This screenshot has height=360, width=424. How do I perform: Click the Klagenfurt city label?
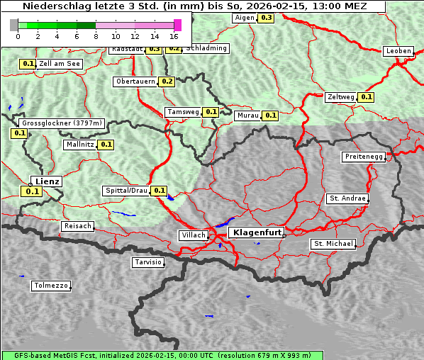click(257, 232)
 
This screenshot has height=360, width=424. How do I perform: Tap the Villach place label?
click(193, 235)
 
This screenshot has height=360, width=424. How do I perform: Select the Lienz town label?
click(48, 181)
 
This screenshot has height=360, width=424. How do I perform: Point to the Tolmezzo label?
click(51, 286)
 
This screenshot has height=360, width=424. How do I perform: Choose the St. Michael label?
click(333, 244)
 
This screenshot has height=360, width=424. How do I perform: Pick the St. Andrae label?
click(347, 198)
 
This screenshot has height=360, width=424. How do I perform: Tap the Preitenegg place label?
click(364, 157)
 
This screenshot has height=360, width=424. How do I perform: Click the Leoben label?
click(398, 51)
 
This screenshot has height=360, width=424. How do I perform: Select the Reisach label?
click(77, 226)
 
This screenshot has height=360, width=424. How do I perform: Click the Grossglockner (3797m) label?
click(61, 123)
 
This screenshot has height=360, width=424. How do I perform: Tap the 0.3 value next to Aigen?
click(266, 17)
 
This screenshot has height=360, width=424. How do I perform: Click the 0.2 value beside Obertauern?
click(167, 81)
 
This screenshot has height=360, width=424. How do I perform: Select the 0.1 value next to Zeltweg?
click(366, 97)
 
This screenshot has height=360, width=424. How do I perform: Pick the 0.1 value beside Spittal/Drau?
click(160, 191)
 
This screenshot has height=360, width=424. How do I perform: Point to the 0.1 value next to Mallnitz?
click(106, 145)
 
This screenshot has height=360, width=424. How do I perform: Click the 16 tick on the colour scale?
click(174, 36)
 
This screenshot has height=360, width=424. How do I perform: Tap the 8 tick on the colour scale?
click(96, 36)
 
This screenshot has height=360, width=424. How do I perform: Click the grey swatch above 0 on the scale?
click(14, 25)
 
